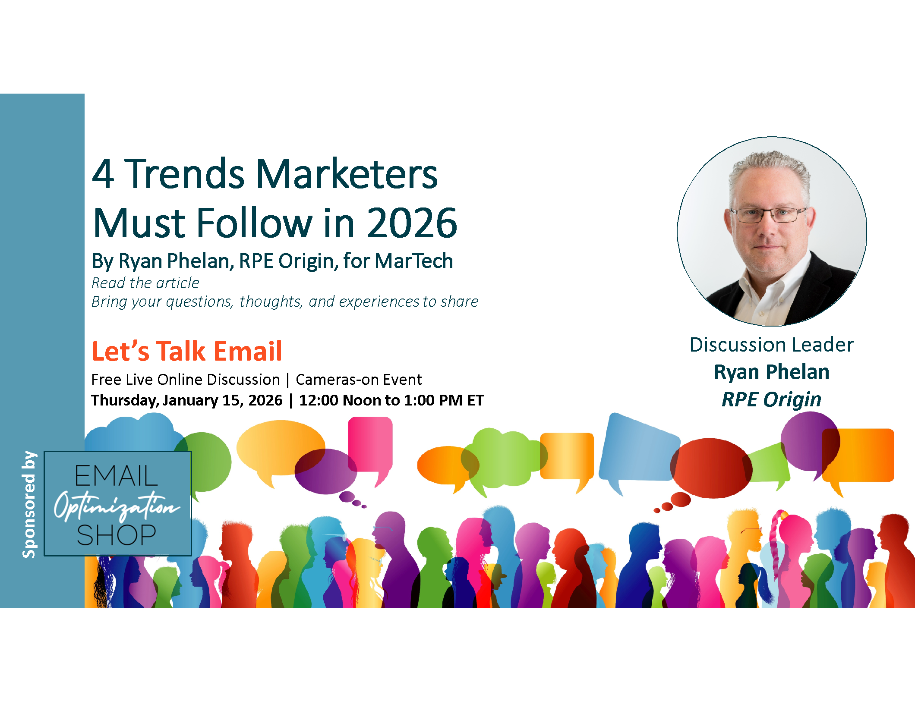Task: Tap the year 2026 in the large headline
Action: point(412,223)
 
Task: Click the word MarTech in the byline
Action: point(414,261)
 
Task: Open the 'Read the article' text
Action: point(145,283)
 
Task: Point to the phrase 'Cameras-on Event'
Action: point(359,380)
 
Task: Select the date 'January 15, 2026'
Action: point(223,400)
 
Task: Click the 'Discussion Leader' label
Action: point(772,345)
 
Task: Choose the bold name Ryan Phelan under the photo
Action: point(772,372)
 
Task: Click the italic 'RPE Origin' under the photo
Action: point(772,399)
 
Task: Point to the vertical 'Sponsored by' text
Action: point(29,504)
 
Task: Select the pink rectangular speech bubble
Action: point(370,446)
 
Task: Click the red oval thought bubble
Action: point(711,468)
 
